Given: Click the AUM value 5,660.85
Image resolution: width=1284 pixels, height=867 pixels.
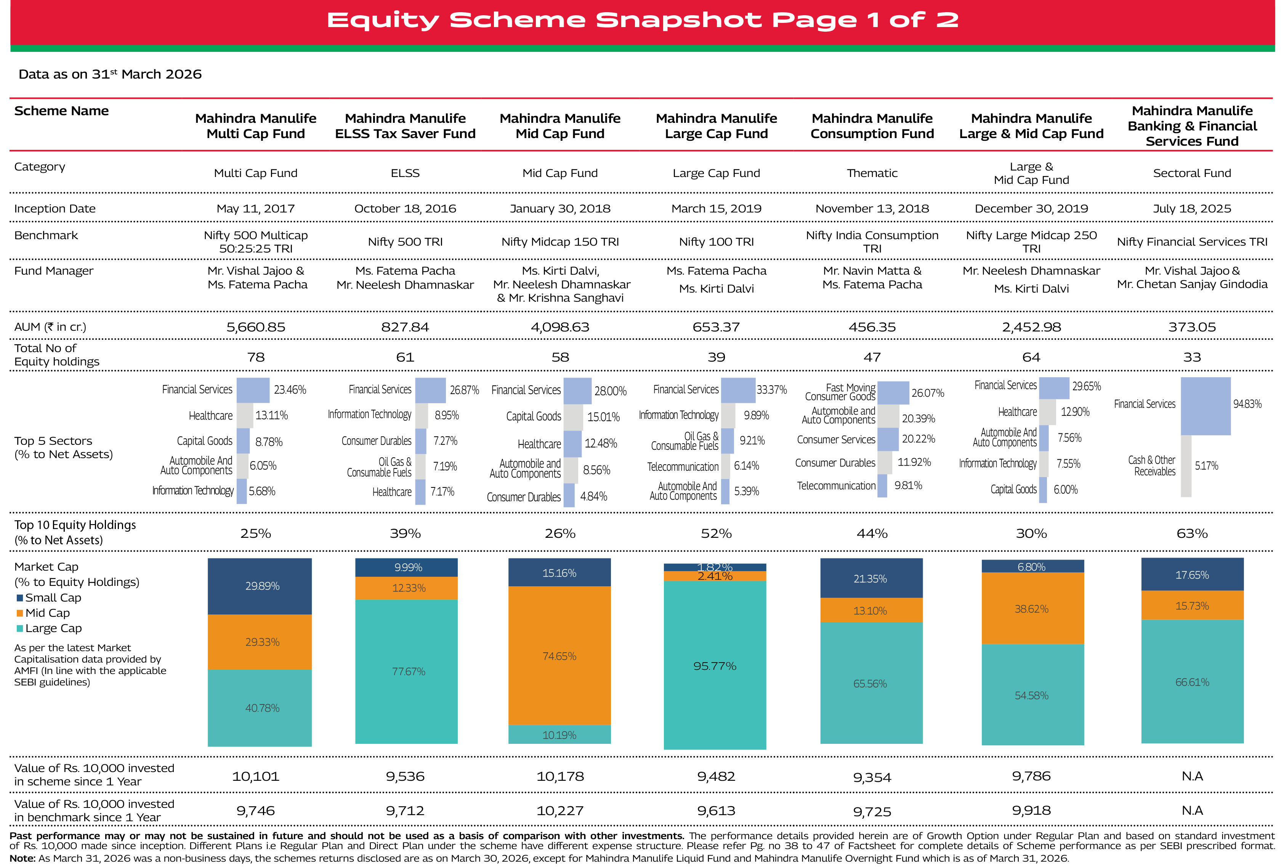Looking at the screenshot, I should [256, 327].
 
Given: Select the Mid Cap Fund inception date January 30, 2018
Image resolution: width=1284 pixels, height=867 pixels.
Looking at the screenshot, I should [560, 209].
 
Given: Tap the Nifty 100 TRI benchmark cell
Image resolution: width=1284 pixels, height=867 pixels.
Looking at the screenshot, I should [716, 241].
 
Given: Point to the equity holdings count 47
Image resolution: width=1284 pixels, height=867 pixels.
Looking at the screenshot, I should [872, 357].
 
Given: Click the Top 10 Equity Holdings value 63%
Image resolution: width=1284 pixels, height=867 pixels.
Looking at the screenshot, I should [1192, 534].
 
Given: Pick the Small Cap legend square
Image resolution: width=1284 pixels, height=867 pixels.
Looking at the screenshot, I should [20, 598].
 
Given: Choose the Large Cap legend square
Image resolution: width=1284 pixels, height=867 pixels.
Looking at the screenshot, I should [20, 628].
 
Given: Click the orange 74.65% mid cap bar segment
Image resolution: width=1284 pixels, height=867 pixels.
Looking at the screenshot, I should [559, 656].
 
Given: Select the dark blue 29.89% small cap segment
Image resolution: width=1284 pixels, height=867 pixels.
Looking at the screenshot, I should [260, 586].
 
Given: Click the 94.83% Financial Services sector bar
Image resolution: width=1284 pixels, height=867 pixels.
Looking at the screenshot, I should [1205, 406].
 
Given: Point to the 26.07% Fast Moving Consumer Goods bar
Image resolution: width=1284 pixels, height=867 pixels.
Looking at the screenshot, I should [893, 392].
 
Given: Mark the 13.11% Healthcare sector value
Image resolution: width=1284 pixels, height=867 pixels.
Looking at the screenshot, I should [271, 415].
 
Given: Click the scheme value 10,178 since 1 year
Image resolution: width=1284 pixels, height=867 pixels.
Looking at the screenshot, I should [560, 776].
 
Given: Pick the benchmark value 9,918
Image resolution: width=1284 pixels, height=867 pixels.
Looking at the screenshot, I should [1031, 811].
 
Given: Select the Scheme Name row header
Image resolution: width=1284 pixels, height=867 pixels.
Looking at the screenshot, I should [61, 111].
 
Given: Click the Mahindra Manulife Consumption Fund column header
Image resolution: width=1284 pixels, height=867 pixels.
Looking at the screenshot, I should [872, 126].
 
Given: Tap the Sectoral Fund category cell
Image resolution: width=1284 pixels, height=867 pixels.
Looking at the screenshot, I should [1192, 173].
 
